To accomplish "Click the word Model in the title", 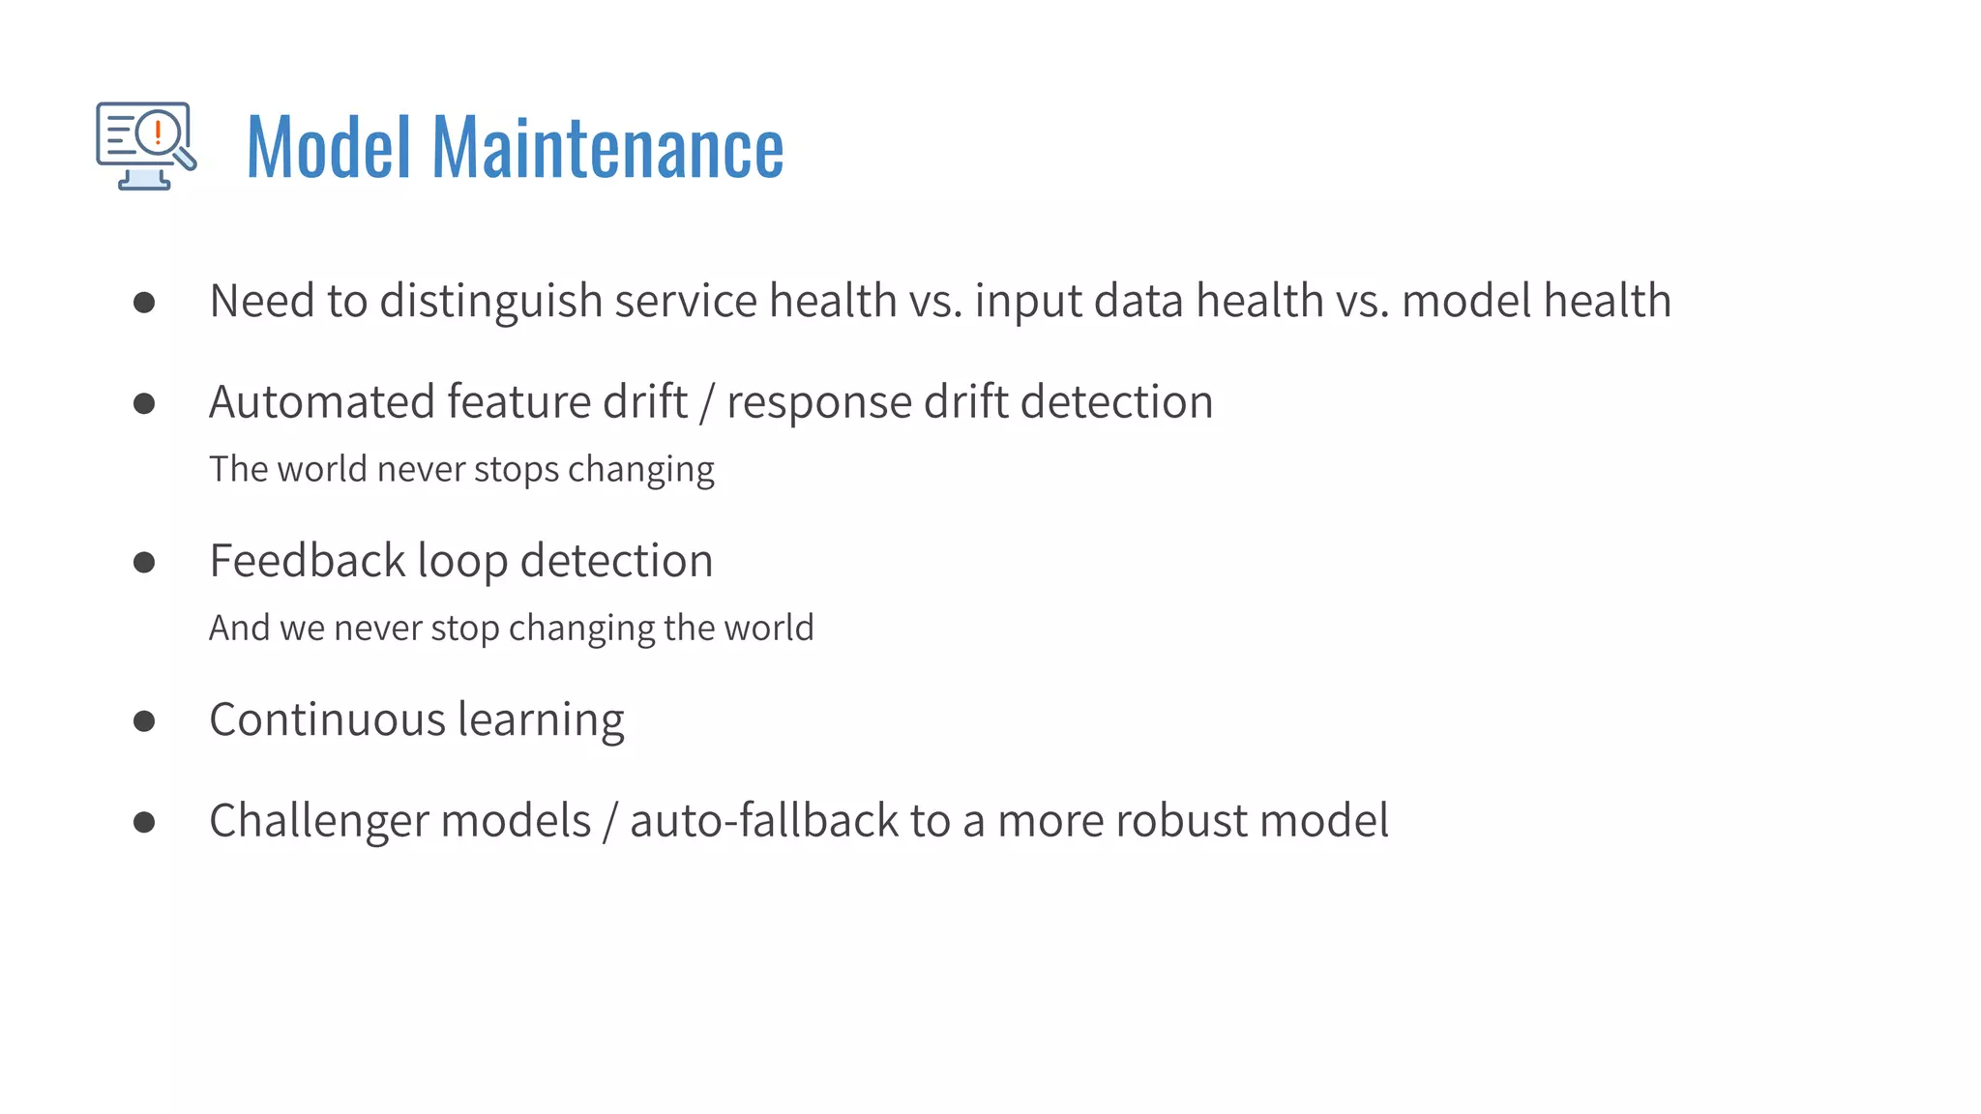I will pyautogui.click(x=329, y=148).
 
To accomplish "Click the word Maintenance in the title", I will pyautogui.click(x=607, y=148).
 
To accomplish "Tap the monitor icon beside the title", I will pyautogui.click(x=145, y=146).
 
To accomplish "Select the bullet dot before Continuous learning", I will pyautogui.click(x=144, y=720).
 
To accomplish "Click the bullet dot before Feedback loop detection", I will pyautogui.click(x=144, y=562).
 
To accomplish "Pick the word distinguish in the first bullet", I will pyautogui.click(x=491, y=302).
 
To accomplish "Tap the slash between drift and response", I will pyautogui.click(x=707, y=403).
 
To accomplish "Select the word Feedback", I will pyautogui.click(x=307, y=561).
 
